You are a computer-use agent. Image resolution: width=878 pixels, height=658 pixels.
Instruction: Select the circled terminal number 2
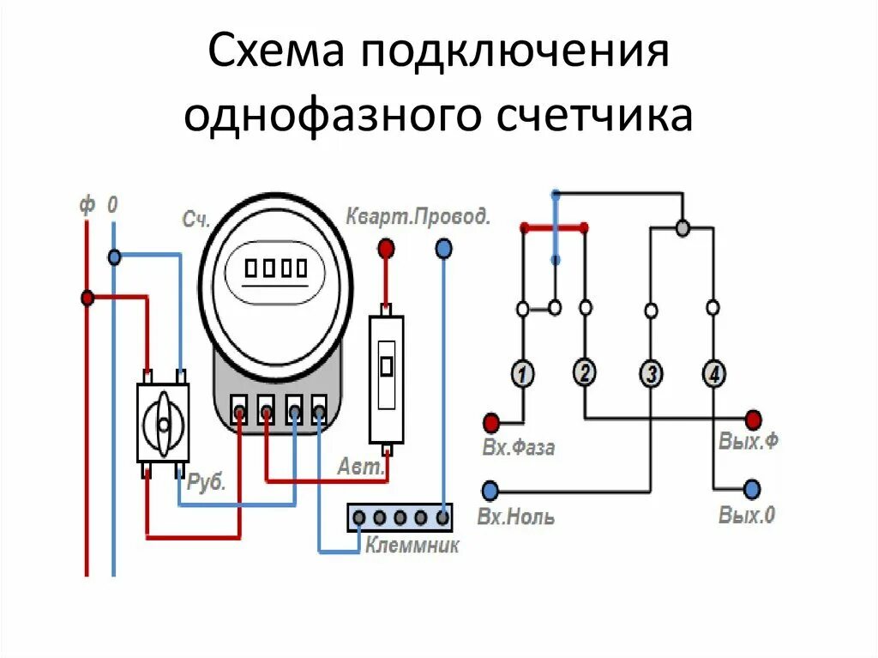coord(584,372)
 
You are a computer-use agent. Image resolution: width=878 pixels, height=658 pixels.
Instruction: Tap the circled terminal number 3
coord(651,373)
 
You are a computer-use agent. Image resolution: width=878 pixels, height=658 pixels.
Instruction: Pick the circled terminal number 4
coord(713,373)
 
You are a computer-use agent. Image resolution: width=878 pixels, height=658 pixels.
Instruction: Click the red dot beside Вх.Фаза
coord(491,422)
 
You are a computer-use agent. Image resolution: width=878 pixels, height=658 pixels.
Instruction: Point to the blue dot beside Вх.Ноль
coord(490,491)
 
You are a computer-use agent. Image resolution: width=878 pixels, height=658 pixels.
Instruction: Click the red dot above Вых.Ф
coord(752,420)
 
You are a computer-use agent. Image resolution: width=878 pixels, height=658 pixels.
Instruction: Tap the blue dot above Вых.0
coord(751,489)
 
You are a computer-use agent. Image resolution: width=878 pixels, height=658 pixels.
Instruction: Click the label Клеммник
coord(412,546)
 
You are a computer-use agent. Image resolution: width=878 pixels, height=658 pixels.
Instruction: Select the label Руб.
coord(206,482)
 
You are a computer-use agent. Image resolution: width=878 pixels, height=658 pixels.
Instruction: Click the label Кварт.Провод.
coord(418,215)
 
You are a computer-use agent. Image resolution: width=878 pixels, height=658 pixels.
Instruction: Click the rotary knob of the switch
coord(163,422)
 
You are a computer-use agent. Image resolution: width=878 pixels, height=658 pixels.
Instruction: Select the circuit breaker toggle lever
coord(387,366)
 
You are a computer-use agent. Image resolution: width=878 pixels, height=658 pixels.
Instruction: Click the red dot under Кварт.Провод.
coord(387,249)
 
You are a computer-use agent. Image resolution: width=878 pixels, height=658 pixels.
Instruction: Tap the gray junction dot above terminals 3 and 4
coord(683,228)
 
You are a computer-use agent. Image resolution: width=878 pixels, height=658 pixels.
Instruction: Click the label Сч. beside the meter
coord(195,219)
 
